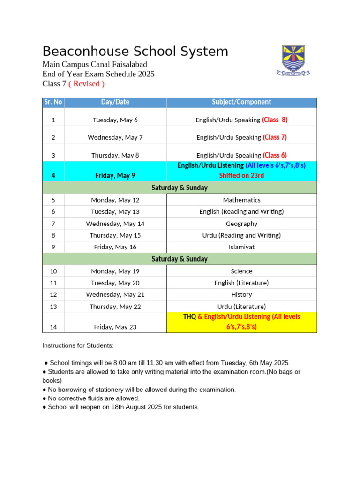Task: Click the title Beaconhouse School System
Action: (x=135, y=51)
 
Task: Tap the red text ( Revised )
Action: (x=86, y=83)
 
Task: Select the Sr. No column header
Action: (x=53, y=102)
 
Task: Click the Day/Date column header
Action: (x=115, y=102)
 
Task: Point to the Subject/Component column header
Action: (x=241, y=102)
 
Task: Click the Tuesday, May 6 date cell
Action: (x=115, y=120)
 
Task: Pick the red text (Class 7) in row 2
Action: (x=275, y=137)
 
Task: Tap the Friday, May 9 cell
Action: (x=115, y=175)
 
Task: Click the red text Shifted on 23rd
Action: (x=241, y=175)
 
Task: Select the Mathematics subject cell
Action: (x=241, y=200)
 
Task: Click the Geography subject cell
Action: (x=241, y=224)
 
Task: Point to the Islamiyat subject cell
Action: (x=241, y=247)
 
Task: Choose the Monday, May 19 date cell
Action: (x=115, y=271)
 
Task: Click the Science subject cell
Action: (x=241, y=271)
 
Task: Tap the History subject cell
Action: (x=241, y=294)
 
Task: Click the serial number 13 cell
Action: (x=53, y=307)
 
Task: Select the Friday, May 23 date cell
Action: (x=115, y=327)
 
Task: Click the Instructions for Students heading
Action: (x=78, y=345)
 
